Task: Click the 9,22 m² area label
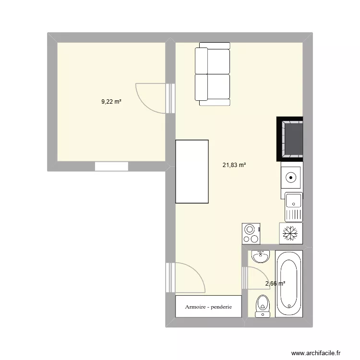(111, 102)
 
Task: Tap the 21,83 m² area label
(234, 165)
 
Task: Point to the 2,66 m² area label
(276, 284)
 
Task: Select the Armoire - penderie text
(208, 307)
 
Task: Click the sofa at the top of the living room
(213, 74)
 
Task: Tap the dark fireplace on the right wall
(290, 139)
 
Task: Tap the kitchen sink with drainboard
(293, 207)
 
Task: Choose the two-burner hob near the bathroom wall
(251, 234)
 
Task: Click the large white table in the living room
(192, 171)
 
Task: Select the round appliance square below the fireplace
(291, 177)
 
